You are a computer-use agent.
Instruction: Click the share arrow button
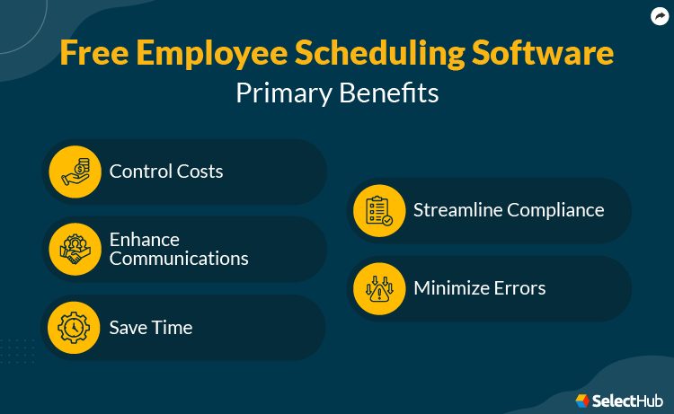point(660,15)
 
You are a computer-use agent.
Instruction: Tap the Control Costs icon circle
point(75,172)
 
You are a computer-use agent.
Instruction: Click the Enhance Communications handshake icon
point(75,249)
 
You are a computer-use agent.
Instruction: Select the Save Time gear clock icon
point(75,327)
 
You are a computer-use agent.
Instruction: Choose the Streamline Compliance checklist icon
point(379,210)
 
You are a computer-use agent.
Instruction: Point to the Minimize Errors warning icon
point(379,288)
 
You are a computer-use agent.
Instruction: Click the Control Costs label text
point(166,171)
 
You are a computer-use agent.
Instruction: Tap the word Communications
point(179,259)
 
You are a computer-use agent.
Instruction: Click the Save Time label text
point(151,327)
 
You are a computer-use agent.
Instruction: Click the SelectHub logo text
point(626,400)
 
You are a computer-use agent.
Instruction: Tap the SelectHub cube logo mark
point(582,400)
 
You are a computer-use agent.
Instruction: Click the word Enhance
point(145,240)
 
